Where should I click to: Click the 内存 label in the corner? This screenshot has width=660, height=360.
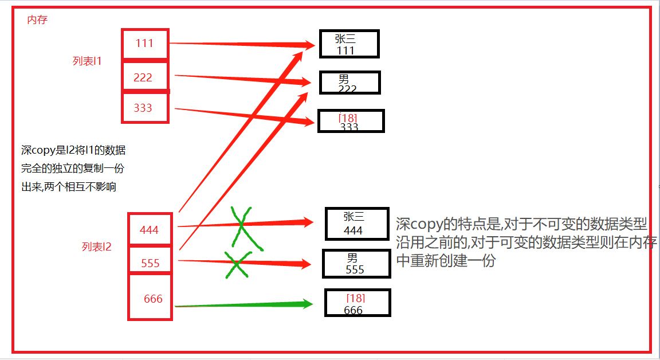click(x=37, y=20)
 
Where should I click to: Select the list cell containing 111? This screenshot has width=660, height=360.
click(x=146, y=44)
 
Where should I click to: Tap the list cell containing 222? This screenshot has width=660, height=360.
click(x=144, y=77)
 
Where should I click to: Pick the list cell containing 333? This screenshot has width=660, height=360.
click(x=144, y=107)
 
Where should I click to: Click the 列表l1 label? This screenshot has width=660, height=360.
click(x=87, y=61)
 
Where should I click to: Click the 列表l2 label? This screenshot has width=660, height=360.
click(x=96, y=247)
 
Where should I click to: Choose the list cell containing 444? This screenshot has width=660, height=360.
click(x=150, y=230)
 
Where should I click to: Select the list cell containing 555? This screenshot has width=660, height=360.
click(x=150, y=263)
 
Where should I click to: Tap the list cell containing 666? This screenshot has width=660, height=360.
click(x=151, y=298)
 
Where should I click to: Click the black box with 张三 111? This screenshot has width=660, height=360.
click(x=349, y=44)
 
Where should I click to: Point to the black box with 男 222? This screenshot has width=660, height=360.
click(x=349, y=83)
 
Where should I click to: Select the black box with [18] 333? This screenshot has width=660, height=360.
click(x=351, y=121)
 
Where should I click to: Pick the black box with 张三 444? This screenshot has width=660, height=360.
click(x=357, y=224)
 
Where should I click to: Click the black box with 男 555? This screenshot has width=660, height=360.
click(x=356, y=264)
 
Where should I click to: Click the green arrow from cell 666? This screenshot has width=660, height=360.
click(x=243, y=305)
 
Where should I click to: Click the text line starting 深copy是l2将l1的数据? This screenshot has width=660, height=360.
click(x=73, y=151)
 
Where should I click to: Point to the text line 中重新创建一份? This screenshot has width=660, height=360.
click(x=445, y=261)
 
